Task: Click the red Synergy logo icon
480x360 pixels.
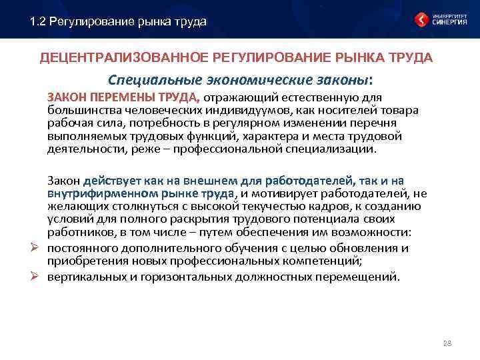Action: tap(421, 19)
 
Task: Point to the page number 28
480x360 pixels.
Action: tap(447, 343)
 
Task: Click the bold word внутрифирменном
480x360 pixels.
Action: tap(94, 193)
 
